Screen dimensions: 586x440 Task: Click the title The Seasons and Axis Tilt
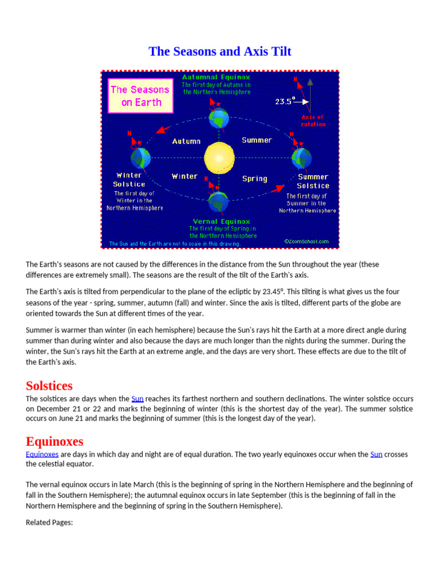[220, 52]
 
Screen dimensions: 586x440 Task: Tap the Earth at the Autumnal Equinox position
[218, 118]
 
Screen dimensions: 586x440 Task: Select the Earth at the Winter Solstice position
[140, 157]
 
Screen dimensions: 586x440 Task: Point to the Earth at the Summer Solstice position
[301, 157]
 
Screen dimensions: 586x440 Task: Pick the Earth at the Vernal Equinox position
[218, 201]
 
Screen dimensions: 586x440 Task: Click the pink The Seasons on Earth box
[140, 96]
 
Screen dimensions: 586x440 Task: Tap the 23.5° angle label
[285, 101]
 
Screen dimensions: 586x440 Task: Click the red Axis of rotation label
[313, 121]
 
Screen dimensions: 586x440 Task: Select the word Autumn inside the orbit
[186, 141]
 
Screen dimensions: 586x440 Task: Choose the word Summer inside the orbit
[257, 140]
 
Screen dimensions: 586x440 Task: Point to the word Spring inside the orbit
[254, 179]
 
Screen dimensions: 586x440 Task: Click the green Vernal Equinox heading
[221, 221]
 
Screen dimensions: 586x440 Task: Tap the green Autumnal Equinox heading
[216, 77]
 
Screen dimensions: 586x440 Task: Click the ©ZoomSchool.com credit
[307, 241]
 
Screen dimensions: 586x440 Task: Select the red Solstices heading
[49, 385]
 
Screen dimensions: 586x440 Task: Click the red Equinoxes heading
[54, 441]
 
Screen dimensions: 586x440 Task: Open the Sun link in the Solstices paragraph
[137, 399]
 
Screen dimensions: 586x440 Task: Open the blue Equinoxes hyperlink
[42, 454]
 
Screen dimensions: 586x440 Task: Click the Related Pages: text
[49, 522]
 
